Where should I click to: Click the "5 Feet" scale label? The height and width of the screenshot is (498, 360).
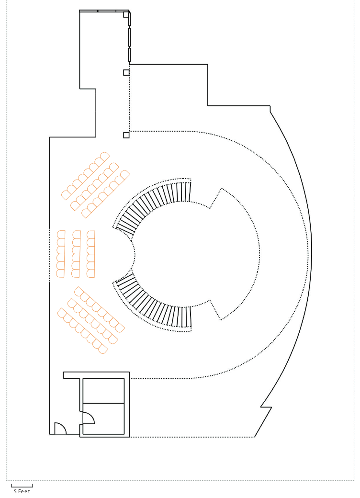pos(22,491)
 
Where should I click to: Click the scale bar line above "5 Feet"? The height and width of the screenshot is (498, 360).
pos(22,487)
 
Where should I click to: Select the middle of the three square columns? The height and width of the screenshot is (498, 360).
pos(126,72)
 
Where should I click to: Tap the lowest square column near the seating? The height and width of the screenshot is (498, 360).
pos(126,136)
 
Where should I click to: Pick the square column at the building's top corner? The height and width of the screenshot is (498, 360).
pos(126,14)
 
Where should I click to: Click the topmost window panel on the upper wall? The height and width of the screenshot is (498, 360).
pos(130,19)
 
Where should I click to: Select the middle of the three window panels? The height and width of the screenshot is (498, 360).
pos(130,37)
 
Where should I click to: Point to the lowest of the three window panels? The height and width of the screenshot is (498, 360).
pos(130,55)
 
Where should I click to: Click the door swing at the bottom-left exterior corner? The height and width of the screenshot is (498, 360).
pos(60,429)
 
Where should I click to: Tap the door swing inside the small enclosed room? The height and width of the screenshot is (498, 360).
pos(88,418)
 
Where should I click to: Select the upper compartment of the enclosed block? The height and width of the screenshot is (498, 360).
pos(103,391)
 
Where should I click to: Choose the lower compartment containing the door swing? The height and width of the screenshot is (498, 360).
pos(103,419)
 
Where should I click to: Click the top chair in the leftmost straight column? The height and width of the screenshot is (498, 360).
pos(61,234)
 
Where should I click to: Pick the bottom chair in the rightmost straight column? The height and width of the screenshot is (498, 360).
pos(91,273)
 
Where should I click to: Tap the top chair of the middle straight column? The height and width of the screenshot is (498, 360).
pos(77,234)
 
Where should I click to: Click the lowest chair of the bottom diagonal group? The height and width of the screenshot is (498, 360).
pos(102,349)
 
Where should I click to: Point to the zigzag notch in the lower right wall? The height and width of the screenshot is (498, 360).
pos(266,407)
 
